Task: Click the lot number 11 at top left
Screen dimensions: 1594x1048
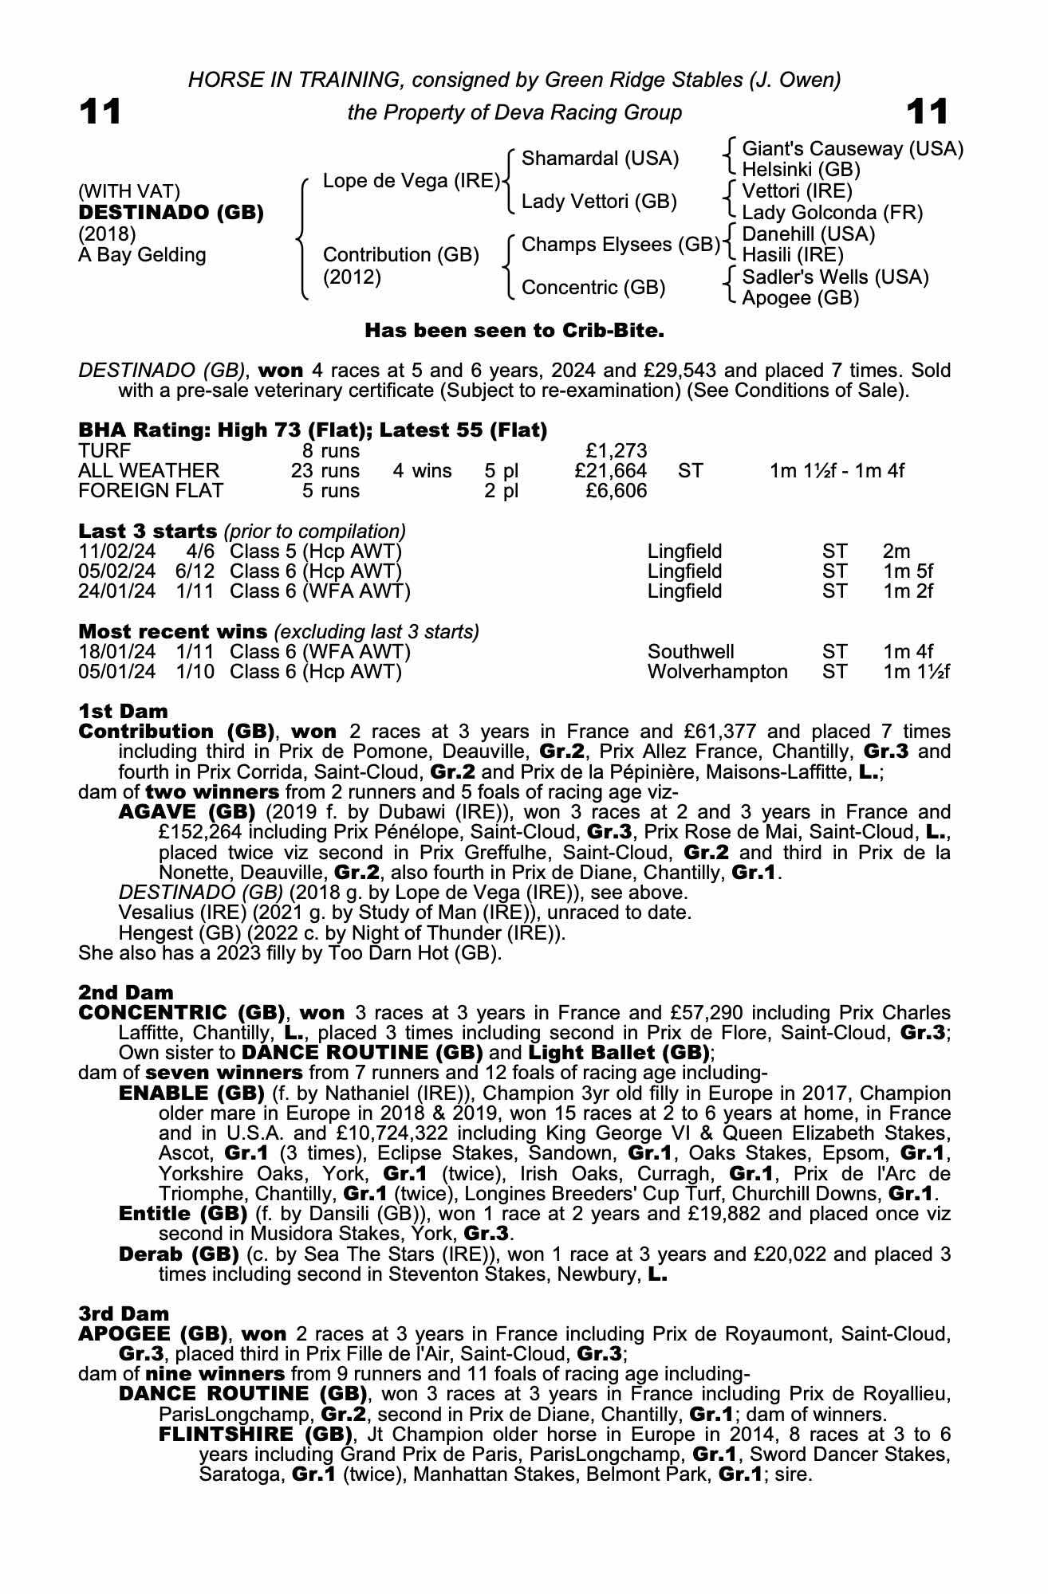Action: point(100,112)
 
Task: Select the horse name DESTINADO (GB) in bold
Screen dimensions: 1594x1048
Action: point(171,213)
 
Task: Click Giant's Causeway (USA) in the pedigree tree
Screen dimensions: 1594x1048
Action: point(853,149)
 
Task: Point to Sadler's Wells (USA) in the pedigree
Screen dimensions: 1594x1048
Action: point(835,277)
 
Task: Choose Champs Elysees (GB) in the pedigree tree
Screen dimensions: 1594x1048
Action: point(621,245)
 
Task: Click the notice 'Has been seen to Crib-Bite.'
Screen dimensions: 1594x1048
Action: point(514,330)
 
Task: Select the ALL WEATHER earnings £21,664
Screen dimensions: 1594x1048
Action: point(610,471)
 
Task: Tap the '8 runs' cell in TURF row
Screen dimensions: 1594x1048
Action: point(325,451)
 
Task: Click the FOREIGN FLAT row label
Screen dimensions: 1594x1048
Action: point(151,491)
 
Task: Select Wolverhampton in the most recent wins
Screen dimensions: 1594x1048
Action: point(717,672)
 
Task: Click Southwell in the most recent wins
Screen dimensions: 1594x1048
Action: point(691,652)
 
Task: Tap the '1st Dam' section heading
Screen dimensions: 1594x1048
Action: point(124,710)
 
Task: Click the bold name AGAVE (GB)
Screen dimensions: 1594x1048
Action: point(187,812)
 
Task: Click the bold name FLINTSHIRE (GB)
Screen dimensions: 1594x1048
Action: point(255,1434)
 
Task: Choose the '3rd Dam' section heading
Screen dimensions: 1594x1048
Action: point(124,1313)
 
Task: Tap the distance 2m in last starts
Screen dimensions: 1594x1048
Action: point(896,552)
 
